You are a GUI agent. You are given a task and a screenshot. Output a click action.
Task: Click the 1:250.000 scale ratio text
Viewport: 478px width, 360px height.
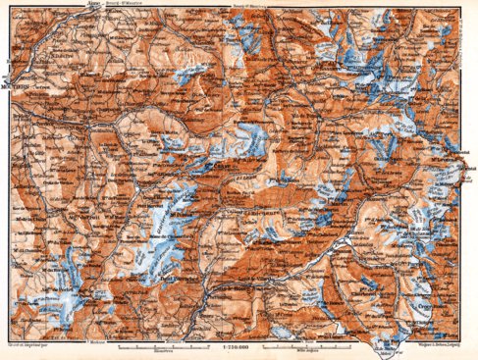[x=239, y=350]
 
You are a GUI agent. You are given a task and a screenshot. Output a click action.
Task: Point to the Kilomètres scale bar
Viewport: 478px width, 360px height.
[x=157, y=348]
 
